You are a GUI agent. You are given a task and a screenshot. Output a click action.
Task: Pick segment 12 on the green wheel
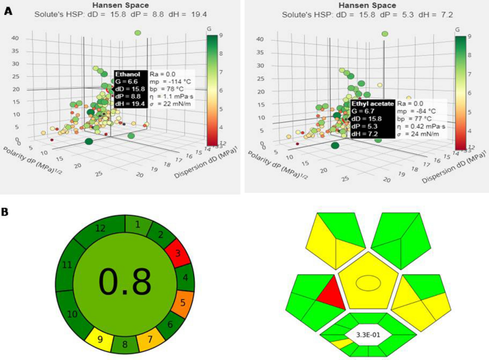pyautogui.click(x=100, y=228)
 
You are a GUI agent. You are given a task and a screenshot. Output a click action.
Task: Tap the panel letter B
pyautogui.click(x=6, y=212)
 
